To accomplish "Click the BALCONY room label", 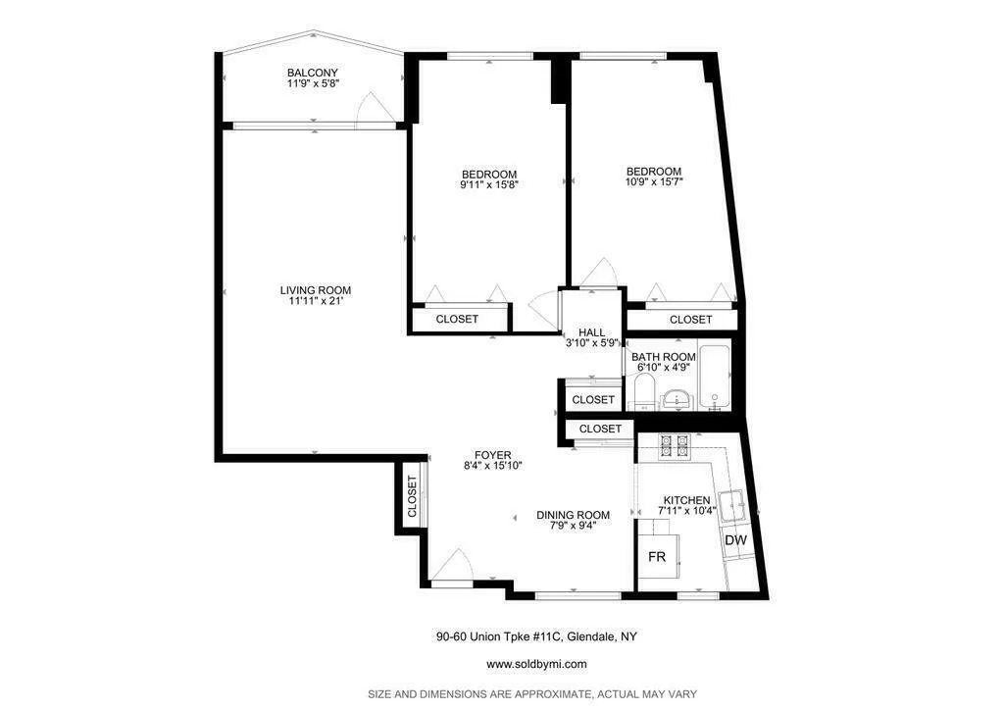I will [313, 74].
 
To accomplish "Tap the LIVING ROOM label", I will [315, 290].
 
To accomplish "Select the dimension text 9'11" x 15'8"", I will [488, 184].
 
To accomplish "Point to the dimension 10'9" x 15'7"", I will [653, 181].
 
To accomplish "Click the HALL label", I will [591, 332].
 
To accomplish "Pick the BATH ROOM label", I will [663, 357].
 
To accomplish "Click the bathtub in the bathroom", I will [714, 378].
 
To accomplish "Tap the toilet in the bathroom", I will [643, 395].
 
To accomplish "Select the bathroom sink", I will [677, 398].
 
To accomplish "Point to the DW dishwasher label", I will [735, 540].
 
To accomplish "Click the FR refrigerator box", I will [657, 557].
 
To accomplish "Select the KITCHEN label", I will [686, 500].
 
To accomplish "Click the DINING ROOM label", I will [573, 515].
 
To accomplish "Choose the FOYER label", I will [492, 455].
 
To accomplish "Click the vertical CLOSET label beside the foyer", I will [412, 497].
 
